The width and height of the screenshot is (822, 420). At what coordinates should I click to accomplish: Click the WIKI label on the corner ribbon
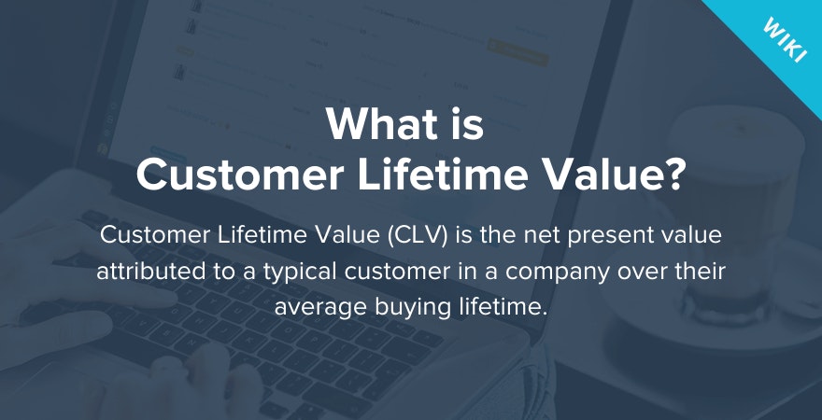[x=785, y=41]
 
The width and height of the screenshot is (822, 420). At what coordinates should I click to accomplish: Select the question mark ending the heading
[x=671, y=175]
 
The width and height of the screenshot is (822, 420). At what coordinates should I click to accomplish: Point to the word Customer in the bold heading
[x=239, y=175]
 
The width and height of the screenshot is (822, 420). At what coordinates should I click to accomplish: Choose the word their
[x=699, y=272]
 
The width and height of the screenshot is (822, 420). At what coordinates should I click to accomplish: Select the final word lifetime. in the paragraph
[x=503, y=306]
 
